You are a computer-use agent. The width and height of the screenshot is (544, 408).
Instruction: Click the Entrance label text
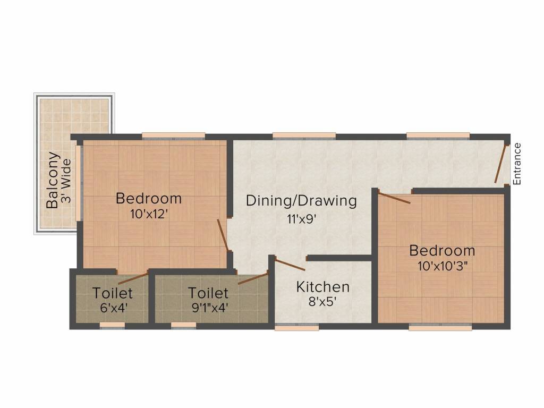click(517, 164)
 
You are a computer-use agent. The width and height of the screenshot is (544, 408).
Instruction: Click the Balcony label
click(52, 180)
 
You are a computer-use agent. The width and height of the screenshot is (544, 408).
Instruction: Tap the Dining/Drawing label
click(301, 201)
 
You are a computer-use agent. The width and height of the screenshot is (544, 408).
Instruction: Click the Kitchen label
click(323, 287)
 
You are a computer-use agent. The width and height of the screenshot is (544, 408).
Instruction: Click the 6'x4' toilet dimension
click(113, 308)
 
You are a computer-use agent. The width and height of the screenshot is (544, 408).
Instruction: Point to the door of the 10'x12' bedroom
click(223, 235)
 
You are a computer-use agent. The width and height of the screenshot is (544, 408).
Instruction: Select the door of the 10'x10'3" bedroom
click(394, 197)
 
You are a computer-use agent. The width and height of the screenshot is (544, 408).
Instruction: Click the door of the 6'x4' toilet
click(133, 278)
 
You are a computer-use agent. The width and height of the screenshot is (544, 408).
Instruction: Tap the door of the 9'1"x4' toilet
click(253, 278)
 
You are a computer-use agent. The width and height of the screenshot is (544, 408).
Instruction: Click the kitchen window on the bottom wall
click(296, 327)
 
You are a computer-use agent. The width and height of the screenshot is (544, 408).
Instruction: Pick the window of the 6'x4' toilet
click(112, 325)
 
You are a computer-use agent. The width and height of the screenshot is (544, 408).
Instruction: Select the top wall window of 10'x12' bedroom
click(174, 135)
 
